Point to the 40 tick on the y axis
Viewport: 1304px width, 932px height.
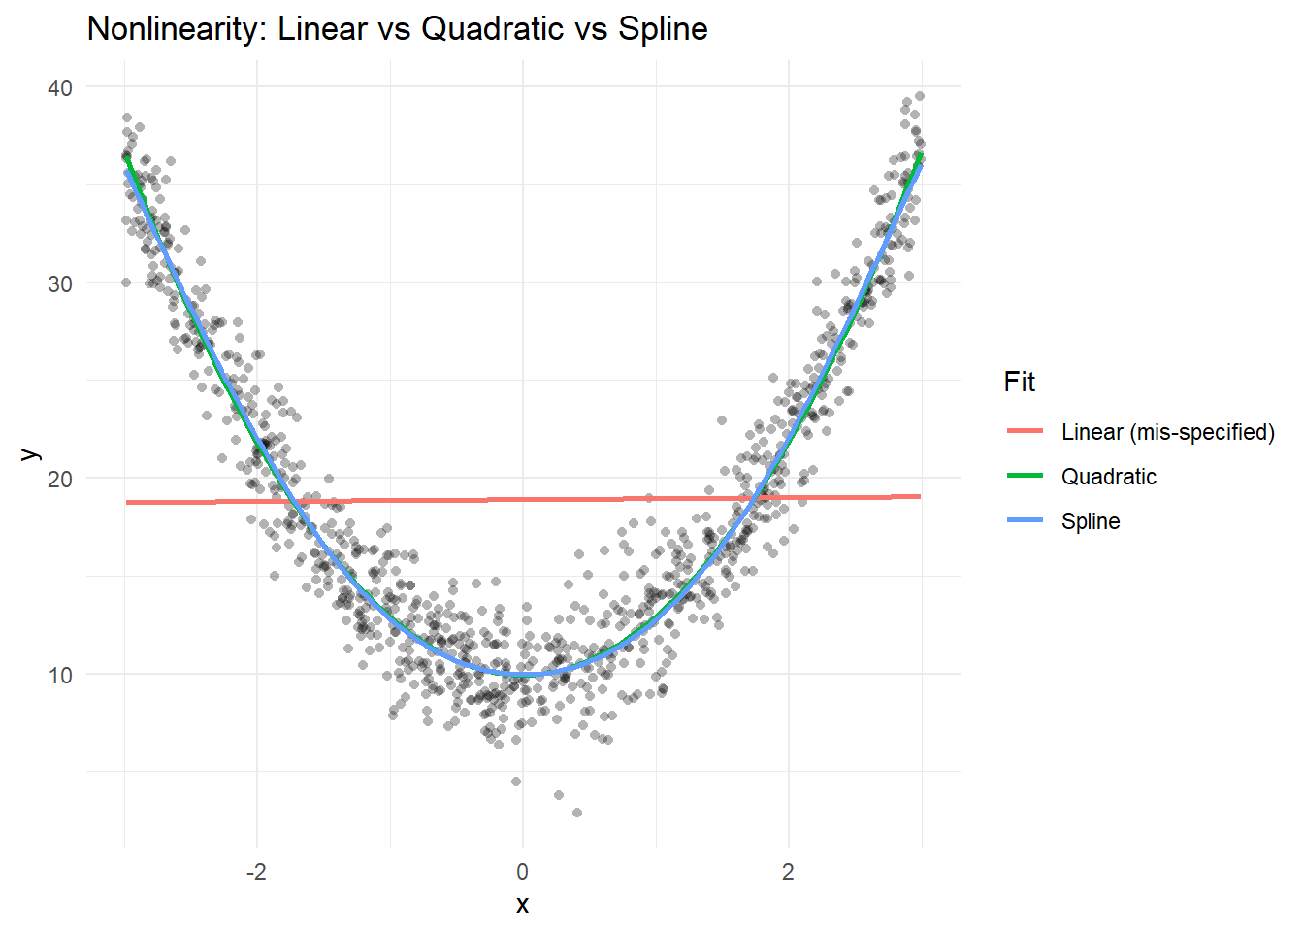(x=60, y=88)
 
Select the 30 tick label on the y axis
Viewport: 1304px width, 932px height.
(x=60, y=284)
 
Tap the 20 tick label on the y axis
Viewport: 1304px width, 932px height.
(x=60, y=480)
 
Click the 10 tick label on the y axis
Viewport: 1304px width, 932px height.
(x=60, y=676)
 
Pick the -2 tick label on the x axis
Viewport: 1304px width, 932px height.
(x=256, y=872)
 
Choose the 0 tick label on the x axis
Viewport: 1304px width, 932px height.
(x=523, y=872)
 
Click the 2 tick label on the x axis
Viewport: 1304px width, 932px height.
(x=788, y=872)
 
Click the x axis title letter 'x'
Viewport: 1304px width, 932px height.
(x=523, y=905)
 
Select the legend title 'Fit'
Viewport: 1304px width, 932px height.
(x=1020, y=383)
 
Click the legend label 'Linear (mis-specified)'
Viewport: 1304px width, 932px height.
(x=1168, y=432)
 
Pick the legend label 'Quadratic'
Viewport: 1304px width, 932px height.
(x=1109, y=477)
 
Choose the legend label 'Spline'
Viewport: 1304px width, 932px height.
(x=1091, y=521)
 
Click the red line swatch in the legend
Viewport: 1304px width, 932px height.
(x=1025, y=431)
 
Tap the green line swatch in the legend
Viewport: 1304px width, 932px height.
(x=1025, y=476)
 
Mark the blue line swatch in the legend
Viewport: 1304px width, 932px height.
(x=1025, y=520)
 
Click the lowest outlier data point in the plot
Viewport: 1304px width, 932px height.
(x=577, y=813)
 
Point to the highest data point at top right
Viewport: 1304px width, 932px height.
(x=920, y=96)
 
